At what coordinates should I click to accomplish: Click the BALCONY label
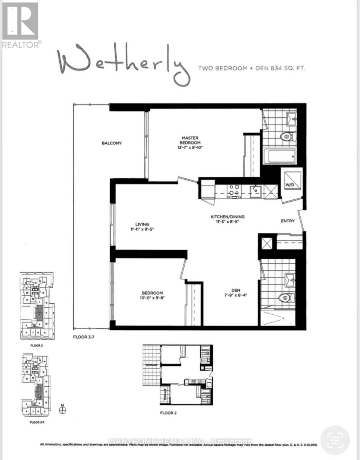[111, 143]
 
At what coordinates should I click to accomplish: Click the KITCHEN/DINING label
[227, 217]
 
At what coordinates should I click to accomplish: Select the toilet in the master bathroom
[287, 136]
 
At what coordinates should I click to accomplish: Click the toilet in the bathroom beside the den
[286, 297]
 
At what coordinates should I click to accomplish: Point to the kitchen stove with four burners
[233, 191]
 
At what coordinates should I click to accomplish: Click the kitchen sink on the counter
[255, 190]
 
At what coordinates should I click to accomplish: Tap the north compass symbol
[63, 409]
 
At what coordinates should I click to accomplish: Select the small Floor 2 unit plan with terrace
[178, 374]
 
